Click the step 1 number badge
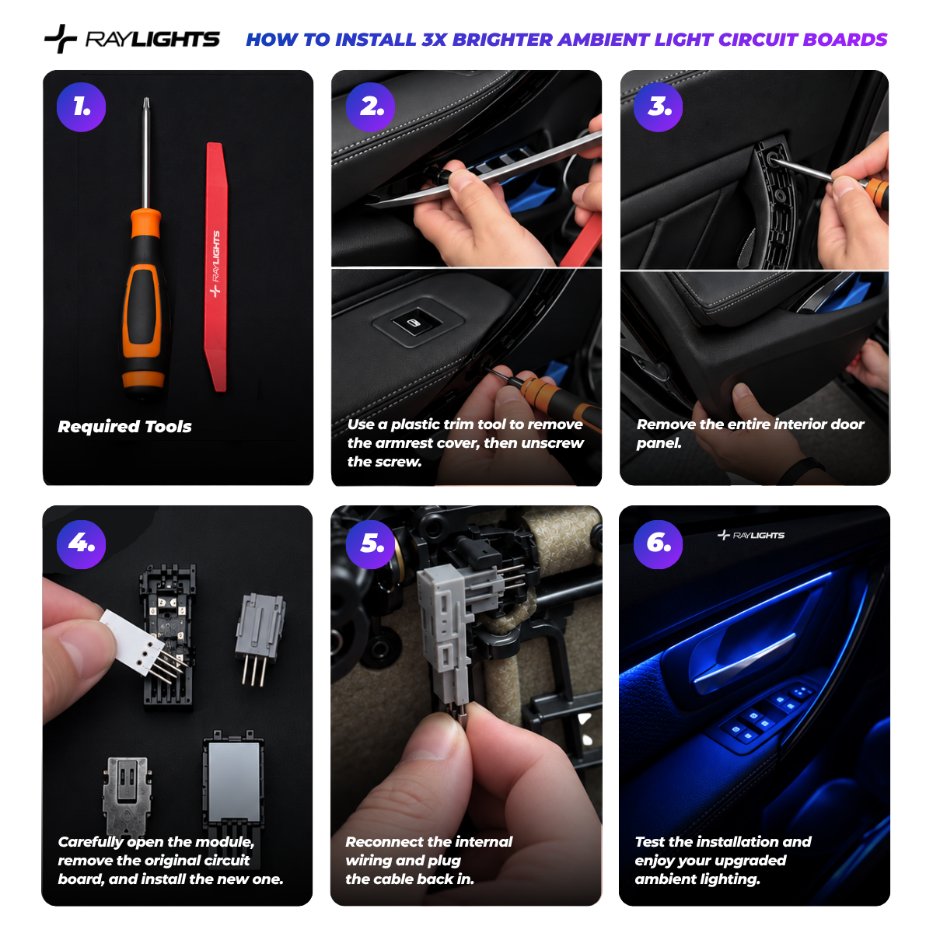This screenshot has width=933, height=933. click(x=82, y=107)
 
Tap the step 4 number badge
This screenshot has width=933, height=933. click(x=82, y=544)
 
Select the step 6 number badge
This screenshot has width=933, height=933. click(x=658, y=544)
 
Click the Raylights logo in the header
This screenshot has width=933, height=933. click(x=132, y=39)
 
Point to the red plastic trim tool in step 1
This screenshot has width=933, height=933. click(x=216, y=267)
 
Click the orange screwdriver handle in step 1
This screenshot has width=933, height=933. click(x=143, y=300)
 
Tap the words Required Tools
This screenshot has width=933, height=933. click(x=124, y=427)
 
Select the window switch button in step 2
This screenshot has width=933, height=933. click(x=414, y=322)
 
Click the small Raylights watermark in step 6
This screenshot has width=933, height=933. click(x=751, y=535)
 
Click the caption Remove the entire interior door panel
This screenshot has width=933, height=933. click(x=750, y=433)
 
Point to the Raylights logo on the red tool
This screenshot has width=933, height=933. click(x=216, y=264)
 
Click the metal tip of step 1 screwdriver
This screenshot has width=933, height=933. click(x=145, y=104)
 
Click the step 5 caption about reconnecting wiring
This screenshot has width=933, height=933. click(x=429, y=861)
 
